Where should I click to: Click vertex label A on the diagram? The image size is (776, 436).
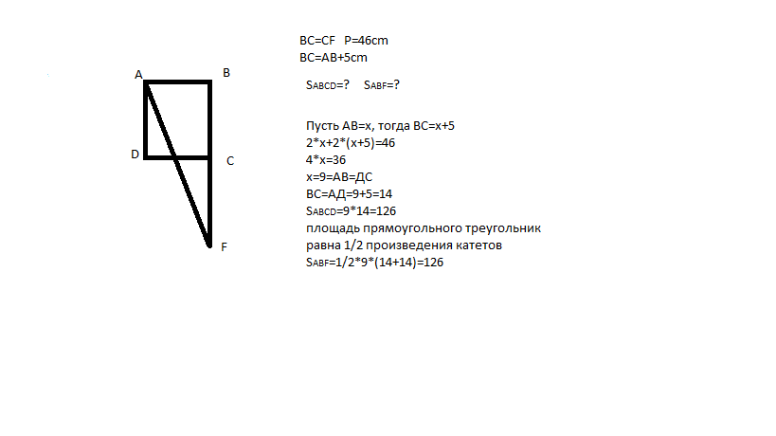click(x=138, y=74)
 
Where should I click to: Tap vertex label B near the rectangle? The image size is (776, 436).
click(x=226, y=72)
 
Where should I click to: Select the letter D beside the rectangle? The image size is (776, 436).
click(x=135, y=154)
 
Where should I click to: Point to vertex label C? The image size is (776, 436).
click(x=230, y=161)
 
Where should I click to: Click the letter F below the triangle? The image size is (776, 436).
click(x=224, y=247)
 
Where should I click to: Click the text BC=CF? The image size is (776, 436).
click(x=317, y=41)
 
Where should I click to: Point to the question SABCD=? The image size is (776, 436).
click(x=328, y=84)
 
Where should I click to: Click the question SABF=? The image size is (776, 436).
click(x=382, y=84)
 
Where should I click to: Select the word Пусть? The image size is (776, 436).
click(x=322, y=126)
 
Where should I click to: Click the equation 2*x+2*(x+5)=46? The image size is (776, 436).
click(x=350, y=143)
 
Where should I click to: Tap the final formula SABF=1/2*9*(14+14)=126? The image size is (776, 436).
click(x=369, y=263)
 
